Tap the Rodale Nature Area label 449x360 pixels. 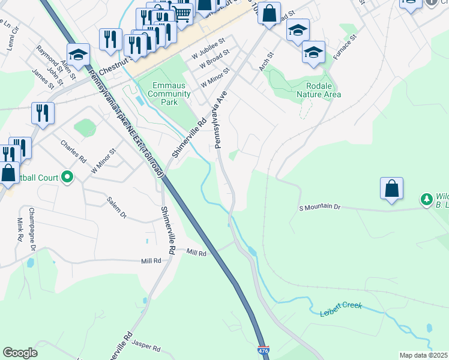point(319,90)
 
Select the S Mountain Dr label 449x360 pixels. point(319,208)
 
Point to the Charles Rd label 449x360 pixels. point(74,152)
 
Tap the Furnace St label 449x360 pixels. point(345,45)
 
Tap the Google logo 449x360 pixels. point(20,353)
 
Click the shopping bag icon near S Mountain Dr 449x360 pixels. point(391,188)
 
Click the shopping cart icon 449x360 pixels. point(182,13)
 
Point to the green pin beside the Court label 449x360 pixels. point(67,177)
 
